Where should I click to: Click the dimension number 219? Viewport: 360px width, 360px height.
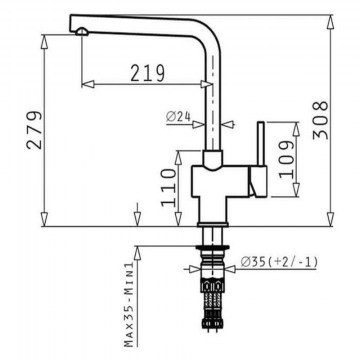click(x=147, y=73)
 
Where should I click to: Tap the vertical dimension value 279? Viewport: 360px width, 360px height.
click(x=35, y=130)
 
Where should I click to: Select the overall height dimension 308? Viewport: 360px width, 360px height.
click(x=320, y=120)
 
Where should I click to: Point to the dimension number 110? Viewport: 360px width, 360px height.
click(x=168, y=187)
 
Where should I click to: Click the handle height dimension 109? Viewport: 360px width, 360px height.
click(x=286, y=159)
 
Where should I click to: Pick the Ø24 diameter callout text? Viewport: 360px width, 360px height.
click(x=178, y=117)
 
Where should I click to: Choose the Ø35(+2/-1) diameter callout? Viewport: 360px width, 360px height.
click(x=279, y=262)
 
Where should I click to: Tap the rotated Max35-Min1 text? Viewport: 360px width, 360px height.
click(x=129, y=304)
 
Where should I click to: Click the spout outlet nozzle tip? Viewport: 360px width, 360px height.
click(x=82, y=32)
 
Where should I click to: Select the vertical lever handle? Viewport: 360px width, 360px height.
click(x=261, y=144)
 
